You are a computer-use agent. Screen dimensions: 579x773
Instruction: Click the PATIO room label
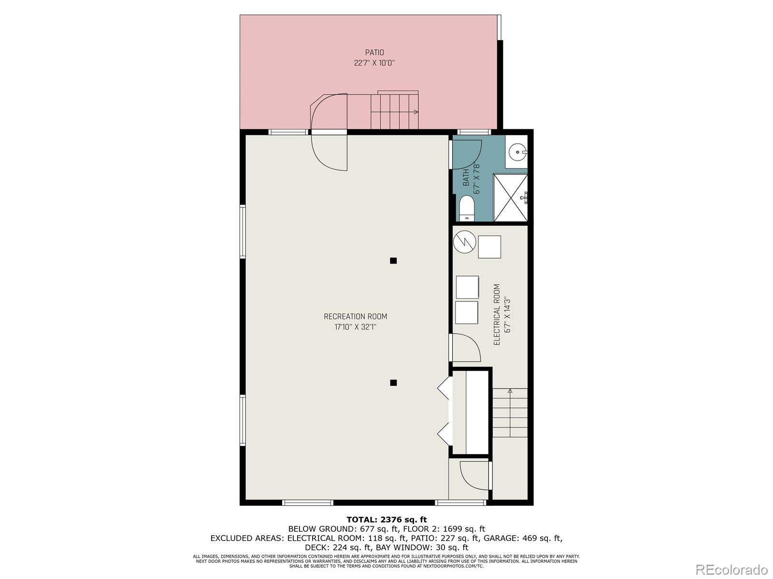tap(374, 53)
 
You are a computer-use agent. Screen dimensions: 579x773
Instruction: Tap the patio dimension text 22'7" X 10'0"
tap(374, 63)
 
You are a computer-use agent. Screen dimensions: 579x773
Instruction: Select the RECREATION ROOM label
tap(355, 317)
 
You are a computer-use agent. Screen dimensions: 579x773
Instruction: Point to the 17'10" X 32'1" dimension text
tap(355, 327)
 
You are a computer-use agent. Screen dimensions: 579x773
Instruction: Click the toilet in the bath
tap(467, 208)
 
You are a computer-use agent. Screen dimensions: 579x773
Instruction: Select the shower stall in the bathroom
tap(510, 198)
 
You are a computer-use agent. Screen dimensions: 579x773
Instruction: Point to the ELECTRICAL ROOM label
tap(497, 314)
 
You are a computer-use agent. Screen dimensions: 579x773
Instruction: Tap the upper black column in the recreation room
tap(393, 261)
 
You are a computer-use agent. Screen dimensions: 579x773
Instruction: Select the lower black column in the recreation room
tap(393, 383)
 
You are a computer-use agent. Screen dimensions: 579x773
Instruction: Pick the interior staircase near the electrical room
tap(510, 413)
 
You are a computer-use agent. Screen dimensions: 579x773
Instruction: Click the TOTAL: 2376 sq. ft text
tap(386, 520)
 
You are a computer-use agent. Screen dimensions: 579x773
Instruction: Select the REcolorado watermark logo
tap(732, 569)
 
